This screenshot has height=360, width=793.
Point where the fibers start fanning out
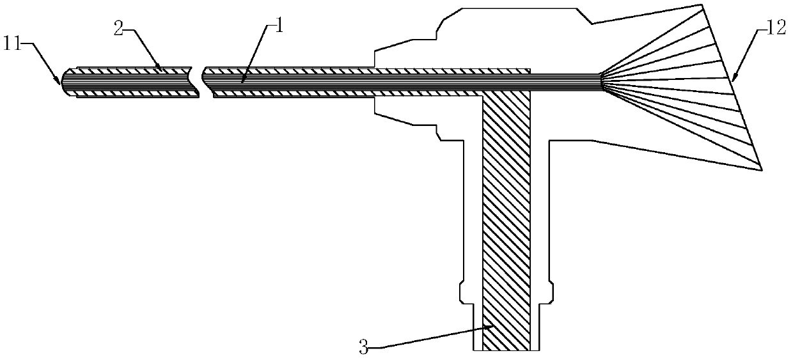point(601,79)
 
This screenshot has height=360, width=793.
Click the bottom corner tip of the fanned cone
point(762,169)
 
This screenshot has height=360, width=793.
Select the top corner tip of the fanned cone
point(703,6)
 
